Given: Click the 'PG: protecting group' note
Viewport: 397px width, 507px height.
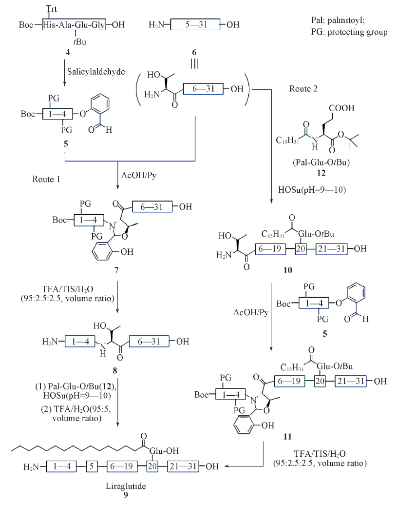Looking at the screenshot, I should [349, 33].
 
